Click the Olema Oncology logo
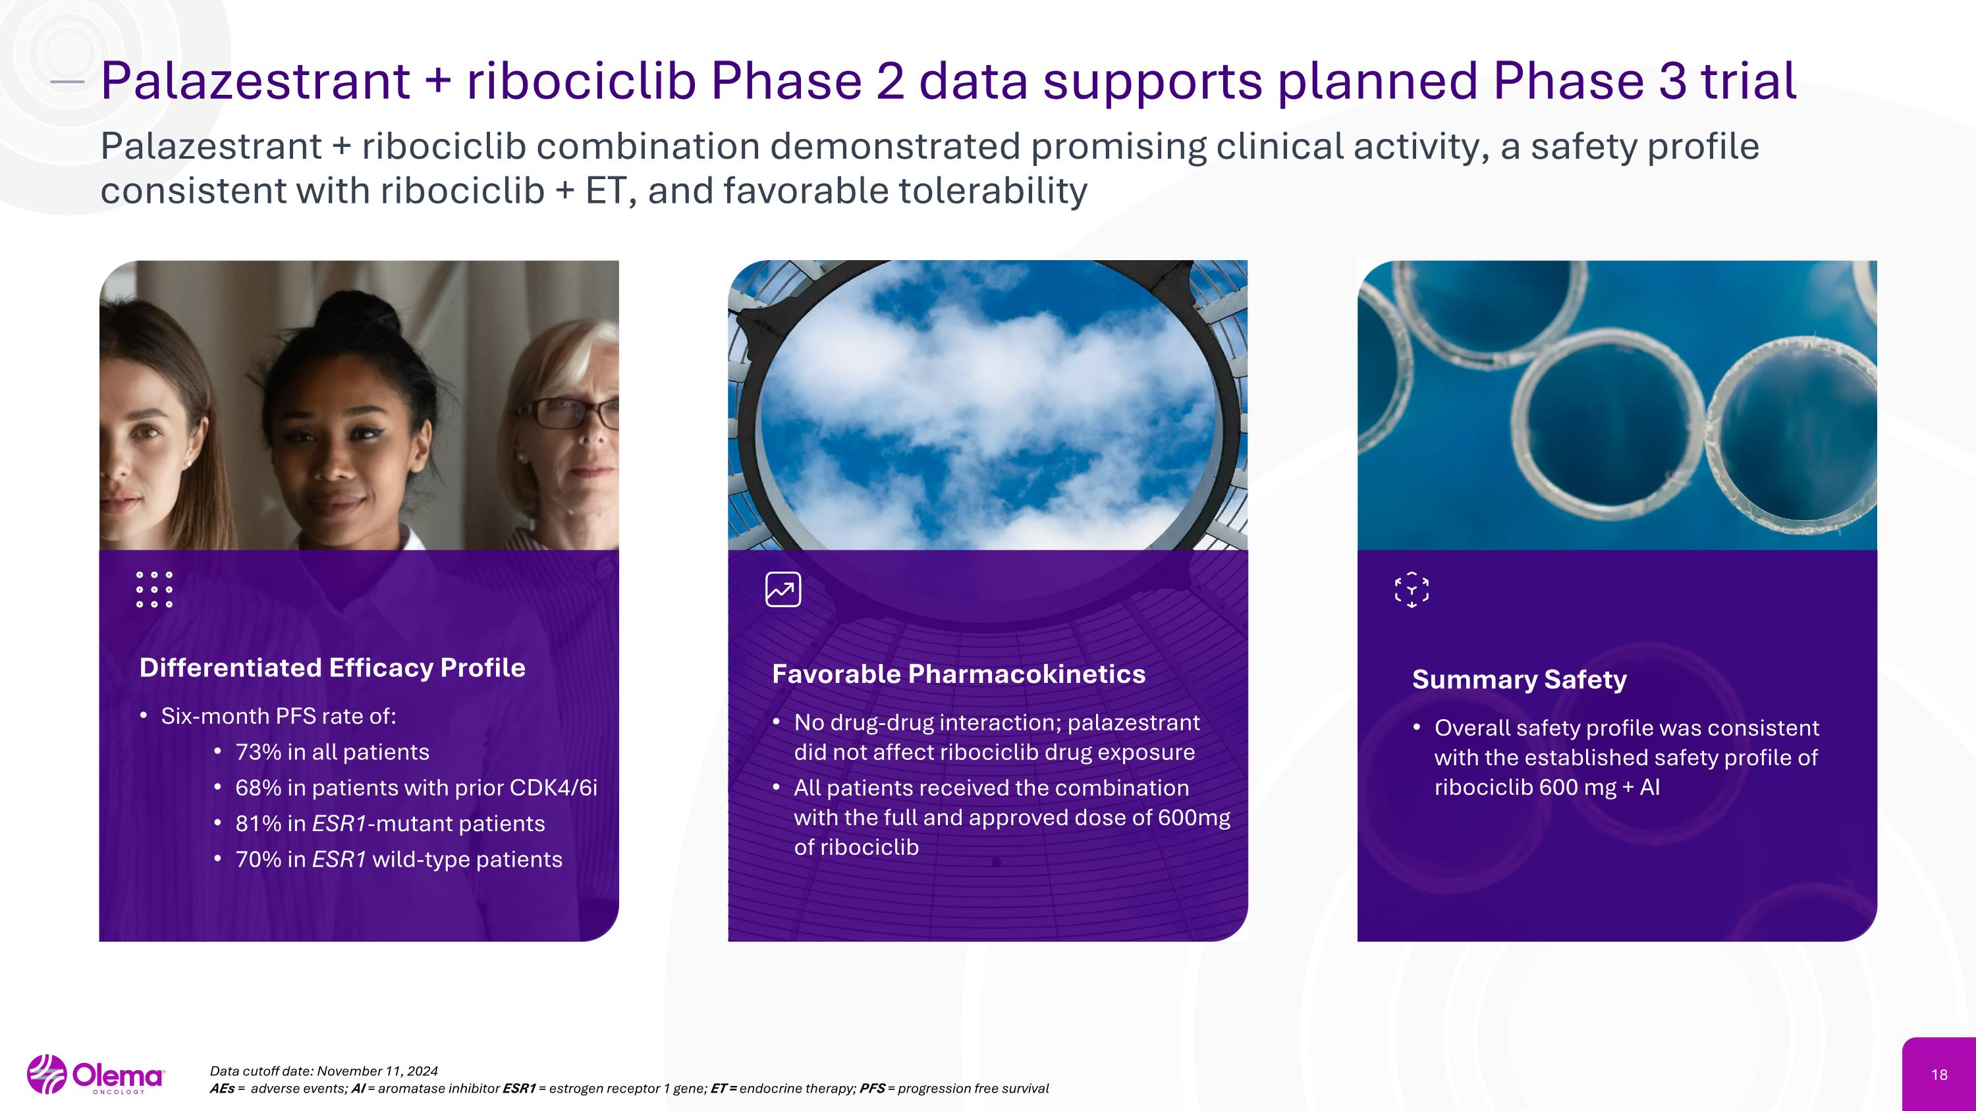(96, 1074)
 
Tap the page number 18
(1938, 1075)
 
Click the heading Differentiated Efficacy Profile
(332, 668)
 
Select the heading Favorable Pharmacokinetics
(958, 674)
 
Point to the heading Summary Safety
(1519, 680)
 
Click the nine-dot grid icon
(154, 589)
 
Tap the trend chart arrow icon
(783, 589)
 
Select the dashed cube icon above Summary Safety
(1412, 590)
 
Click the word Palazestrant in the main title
(256, 80)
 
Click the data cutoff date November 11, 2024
(377, 1071)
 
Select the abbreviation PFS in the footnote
(872, 1089)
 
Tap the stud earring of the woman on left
(188, 463)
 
